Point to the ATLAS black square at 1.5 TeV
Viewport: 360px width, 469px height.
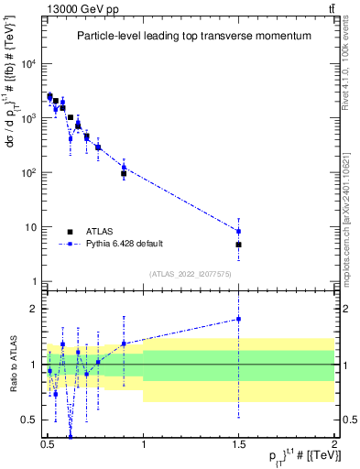point(238,245)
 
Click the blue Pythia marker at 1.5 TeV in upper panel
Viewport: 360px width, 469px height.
point(238,230)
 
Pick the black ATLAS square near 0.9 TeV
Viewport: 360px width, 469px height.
point(124,173)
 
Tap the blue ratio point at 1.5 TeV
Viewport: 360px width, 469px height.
point(238,319)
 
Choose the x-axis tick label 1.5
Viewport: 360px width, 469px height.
point(238,442)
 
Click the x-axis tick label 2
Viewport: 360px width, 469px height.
point(334,442)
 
